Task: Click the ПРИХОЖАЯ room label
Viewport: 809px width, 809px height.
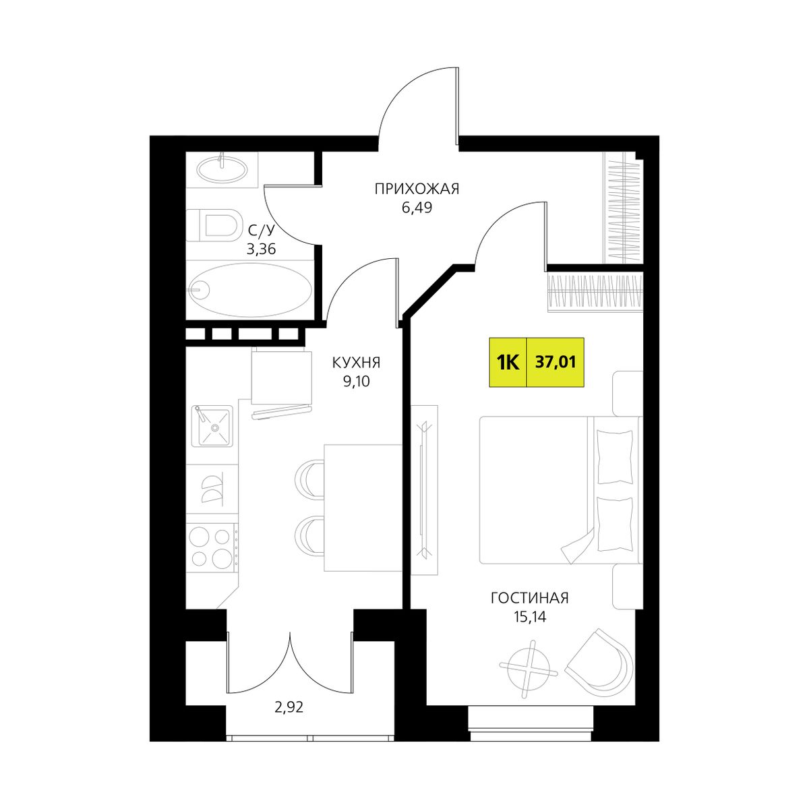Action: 417,189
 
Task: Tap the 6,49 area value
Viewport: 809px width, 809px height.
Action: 417,208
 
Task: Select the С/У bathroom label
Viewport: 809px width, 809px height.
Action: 261,231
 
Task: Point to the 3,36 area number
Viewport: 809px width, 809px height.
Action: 261,250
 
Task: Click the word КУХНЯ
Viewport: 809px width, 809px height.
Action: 356,363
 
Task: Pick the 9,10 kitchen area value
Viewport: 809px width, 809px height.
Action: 357,382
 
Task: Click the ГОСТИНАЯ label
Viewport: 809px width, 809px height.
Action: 529,598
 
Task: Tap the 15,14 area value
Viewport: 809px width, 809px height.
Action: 529,617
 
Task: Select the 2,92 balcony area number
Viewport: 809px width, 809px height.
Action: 289,708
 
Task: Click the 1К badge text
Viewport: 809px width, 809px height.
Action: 508,362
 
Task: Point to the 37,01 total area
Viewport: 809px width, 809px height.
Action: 556,362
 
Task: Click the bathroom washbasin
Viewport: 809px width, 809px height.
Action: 221,169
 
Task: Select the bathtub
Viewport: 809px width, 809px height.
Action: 250,289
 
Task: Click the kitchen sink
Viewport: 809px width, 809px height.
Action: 212,425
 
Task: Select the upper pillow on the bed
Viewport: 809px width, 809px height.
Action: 614,457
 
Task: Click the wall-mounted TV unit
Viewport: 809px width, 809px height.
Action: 425,489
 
